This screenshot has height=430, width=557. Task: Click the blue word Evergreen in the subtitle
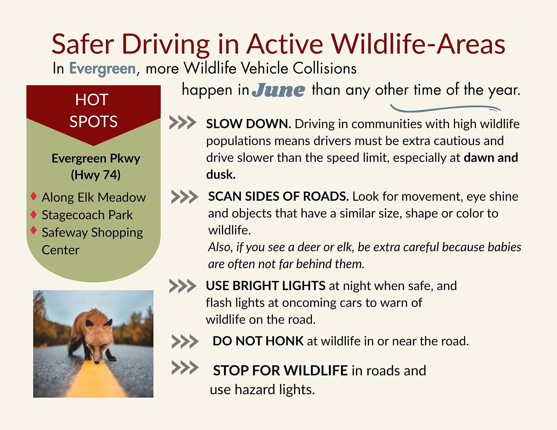click(102, 69)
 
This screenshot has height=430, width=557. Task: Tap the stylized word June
click(278, 90)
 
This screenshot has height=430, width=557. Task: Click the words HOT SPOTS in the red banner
click(93, 110)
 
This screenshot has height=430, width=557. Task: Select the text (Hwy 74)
click(96, 175)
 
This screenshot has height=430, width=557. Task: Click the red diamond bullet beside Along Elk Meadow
click(33, 196)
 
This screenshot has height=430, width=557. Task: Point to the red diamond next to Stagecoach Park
click(33, 214)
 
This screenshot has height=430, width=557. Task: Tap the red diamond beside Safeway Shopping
click(33, 230)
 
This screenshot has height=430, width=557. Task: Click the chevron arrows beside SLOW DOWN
click(183, 122)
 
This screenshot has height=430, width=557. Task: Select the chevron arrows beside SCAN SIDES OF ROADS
click(185, 197)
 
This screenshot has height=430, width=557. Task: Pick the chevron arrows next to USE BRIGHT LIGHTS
click(183, 286)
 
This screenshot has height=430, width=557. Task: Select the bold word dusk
click(221, 175)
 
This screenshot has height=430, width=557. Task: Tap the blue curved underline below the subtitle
click(446, 109)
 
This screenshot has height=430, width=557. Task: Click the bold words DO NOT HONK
click(258, 341)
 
